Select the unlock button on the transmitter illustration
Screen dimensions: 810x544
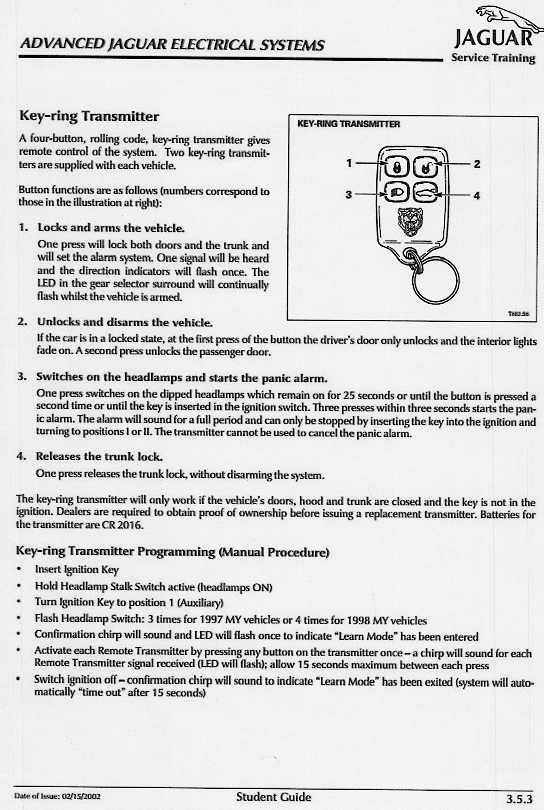(x=425, y=167)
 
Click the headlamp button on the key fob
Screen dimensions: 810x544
(x=395, y=193)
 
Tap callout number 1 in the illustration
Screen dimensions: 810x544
(x=350, y=162)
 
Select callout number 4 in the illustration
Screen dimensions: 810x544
(x=477, y=195)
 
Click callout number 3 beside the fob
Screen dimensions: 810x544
(x=349, y=194)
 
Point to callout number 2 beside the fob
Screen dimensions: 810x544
(x=477, y=164)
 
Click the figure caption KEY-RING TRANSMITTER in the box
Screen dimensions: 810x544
(x=349, y=124)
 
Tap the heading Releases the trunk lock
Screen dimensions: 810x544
(x=99, y=456)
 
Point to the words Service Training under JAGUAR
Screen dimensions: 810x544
(x=493, y=58)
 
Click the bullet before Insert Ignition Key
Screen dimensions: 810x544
(x=20, y=569)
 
